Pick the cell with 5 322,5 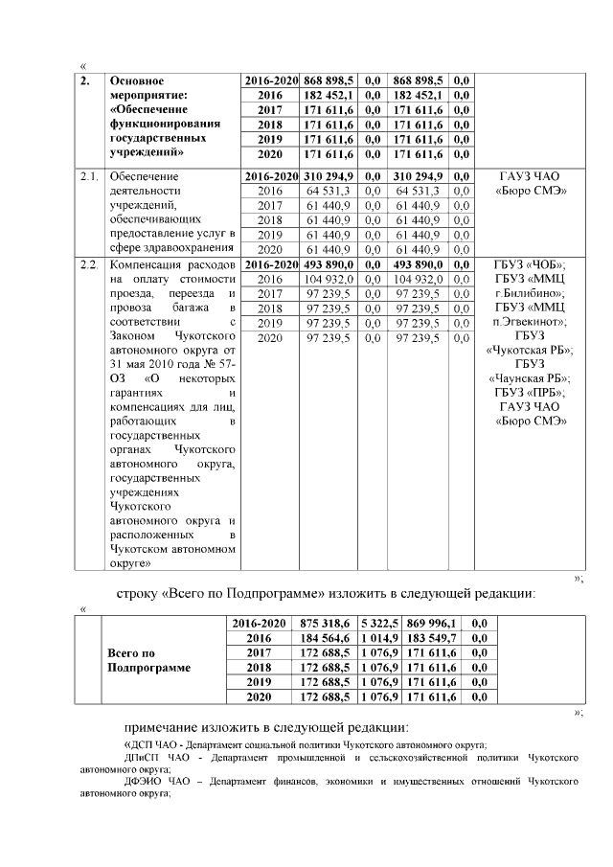(x=379, y=623)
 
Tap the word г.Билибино (x=530, y=293)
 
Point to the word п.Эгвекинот (x=530, y=323)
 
